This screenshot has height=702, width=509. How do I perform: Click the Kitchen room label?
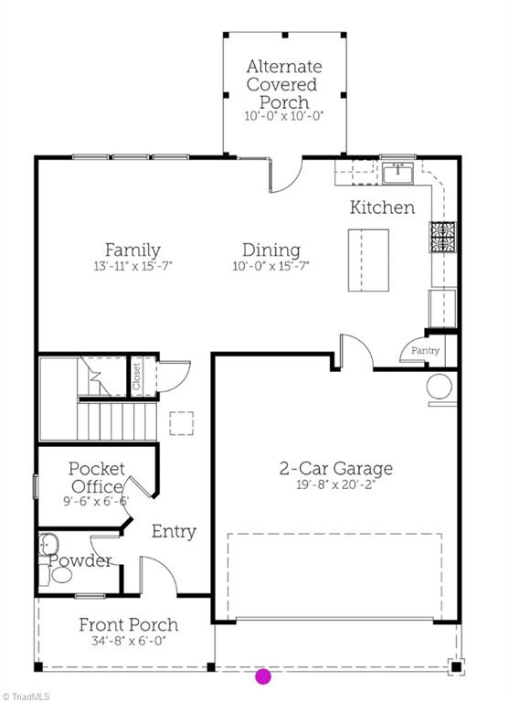click(382, 207)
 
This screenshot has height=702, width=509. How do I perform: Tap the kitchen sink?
click(398, 172)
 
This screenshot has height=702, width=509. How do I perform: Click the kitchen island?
click(368, 261)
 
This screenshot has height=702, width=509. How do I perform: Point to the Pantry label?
click(425, 351)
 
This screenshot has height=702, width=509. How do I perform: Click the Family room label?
click(133, 250)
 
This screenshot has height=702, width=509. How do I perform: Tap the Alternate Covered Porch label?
click(283, 84)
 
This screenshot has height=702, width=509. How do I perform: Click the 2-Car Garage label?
click(335, 469)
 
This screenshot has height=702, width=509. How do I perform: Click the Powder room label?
click(80, 560)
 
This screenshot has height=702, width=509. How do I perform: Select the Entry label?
click(174, 531)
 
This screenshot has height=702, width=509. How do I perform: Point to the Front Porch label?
click(128, 625)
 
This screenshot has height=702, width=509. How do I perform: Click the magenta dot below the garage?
click(263, 676)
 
